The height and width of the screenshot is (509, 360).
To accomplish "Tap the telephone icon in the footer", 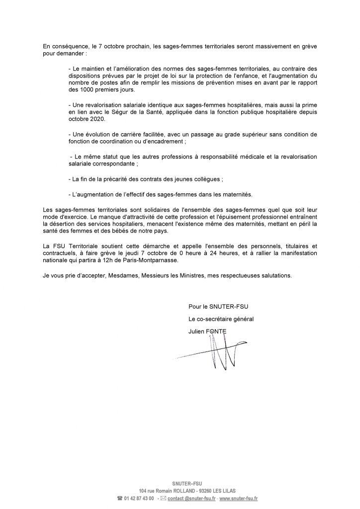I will pyautogui.click(x=120, y=498).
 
